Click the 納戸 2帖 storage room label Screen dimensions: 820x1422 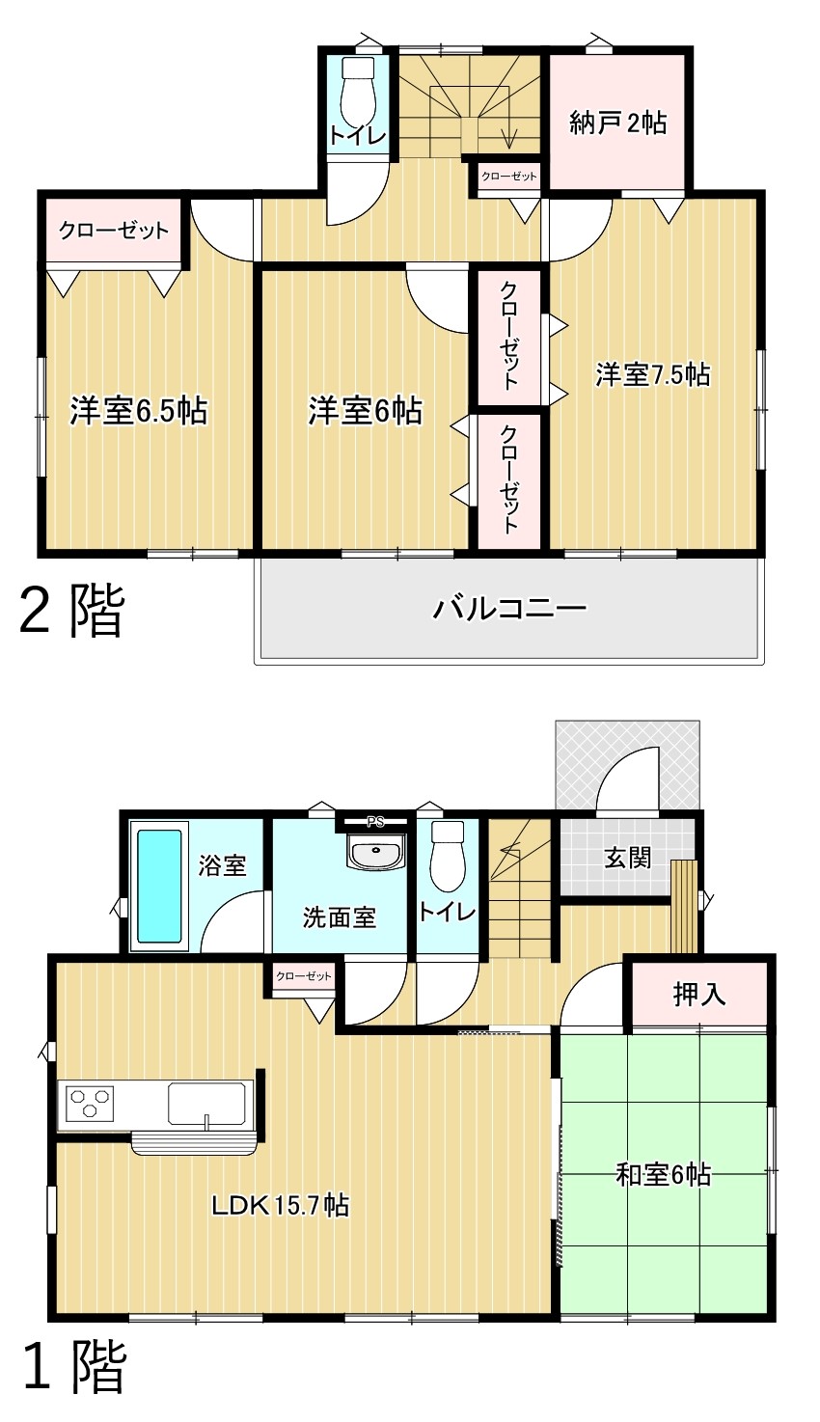[x=617, y=122]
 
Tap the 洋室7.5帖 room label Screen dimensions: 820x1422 [x=652, y=374]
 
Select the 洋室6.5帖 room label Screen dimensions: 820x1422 [x=138, y=411]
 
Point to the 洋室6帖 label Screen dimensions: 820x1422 [x=365, y=411]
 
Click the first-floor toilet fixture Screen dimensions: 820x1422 [x=448, y=856]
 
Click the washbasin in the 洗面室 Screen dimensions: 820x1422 [x=375, y=850]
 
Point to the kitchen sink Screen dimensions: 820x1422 [x=206, y=1104]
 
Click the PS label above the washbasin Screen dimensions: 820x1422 [x=375, y=823]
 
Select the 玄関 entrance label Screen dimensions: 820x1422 [x=628, y=859]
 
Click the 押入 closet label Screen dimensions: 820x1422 [x=698, y=994]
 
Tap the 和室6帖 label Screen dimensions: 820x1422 [x=664, y=1175]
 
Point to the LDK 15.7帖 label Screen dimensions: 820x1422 [x=280, y=1205]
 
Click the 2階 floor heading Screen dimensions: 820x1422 [x=71, y=611]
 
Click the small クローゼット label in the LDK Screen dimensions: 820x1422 [x=303, y=976]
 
